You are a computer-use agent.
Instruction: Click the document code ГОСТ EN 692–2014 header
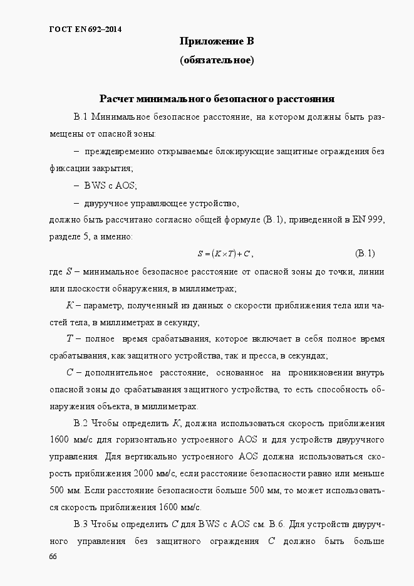[85, 29]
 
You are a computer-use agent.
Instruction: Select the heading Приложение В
[216, 42]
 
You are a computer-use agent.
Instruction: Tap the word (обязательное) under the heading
[216, 61]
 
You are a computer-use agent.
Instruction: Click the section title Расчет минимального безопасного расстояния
[217, 99]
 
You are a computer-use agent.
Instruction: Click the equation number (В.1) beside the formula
[365, 253]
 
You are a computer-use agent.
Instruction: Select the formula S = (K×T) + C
[224, 254]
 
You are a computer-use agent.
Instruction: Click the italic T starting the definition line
[70, 339]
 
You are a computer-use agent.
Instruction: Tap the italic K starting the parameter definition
[70, 305]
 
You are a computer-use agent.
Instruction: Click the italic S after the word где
[69, 271]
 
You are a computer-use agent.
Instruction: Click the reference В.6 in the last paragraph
[277, 523]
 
